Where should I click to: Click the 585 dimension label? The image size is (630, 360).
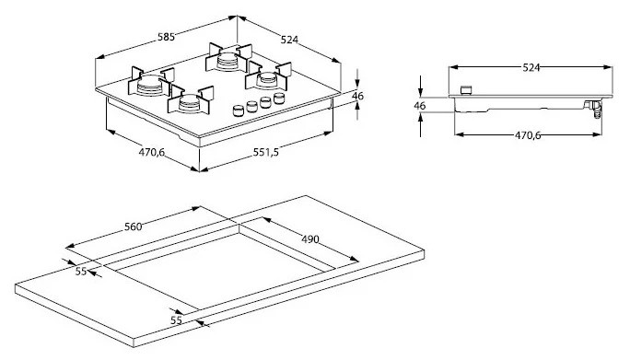[166, 37]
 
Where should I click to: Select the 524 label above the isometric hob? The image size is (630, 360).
[289, 40]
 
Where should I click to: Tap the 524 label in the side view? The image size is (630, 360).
[531, 67]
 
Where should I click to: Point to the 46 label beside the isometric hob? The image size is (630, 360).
[357, 96]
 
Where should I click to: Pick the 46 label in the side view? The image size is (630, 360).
[419, 106]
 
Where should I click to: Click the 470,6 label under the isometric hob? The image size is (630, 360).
[152, 152]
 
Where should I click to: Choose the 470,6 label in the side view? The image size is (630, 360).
[528, 135]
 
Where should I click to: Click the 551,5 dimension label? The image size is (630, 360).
[265, 152]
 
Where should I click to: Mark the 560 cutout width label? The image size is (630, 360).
[133, 227]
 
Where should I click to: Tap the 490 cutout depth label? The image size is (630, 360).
[310, 239]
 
